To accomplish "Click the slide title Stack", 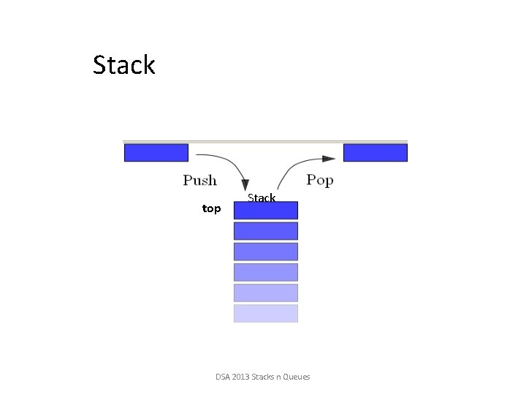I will (x=124, y=65).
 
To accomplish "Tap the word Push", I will (x=199, y=180).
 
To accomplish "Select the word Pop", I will (x=319, y=180).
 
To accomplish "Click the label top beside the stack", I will (x=211, y=209).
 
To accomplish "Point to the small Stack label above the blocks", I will (x=262, y=197).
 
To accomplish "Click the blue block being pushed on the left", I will (x=156, y=152).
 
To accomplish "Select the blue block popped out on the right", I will (x=375, y=152).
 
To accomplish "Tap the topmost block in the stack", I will (x=266, y=211).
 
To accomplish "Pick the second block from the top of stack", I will (x=266, y=231).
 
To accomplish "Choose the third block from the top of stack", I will (x=266, y=252).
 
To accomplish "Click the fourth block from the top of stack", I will (x=266, y=272).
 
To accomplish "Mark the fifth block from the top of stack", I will (x=266, y=293).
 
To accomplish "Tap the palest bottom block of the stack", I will (x=266, y=313).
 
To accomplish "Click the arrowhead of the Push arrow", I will (x=246, y=192).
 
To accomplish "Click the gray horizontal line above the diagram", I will (x=265, y=141).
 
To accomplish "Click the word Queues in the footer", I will (x=296, y=377).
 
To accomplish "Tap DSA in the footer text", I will (x=223, y=377).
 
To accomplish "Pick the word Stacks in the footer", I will (x=263, y=377).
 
